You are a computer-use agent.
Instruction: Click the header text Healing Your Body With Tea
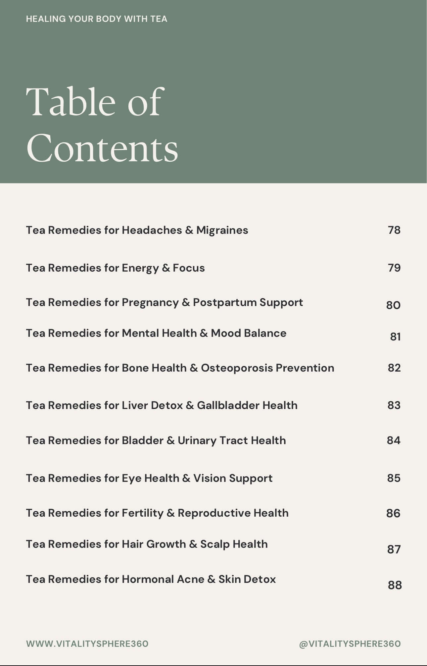[x=97, y=19]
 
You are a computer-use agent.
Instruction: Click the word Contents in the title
[x=102, y=148]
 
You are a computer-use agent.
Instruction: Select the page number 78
[x=394, y=230]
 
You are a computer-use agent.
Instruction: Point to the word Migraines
[x=222, y=230]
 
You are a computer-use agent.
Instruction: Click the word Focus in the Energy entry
[x=189, y=268]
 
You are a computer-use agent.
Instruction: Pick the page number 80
[x=393, y=305]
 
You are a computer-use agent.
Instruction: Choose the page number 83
[x=394, y=405]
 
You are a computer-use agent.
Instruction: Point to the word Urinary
[x=197, y=440]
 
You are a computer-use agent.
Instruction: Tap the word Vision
[x=210, y=478]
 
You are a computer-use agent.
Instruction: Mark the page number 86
[x=393, y=513]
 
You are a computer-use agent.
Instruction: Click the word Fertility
[x=143, y=513]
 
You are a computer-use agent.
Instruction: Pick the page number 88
[x=395, y=585]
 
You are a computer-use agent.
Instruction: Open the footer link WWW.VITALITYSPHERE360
[x=87, y=644]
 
